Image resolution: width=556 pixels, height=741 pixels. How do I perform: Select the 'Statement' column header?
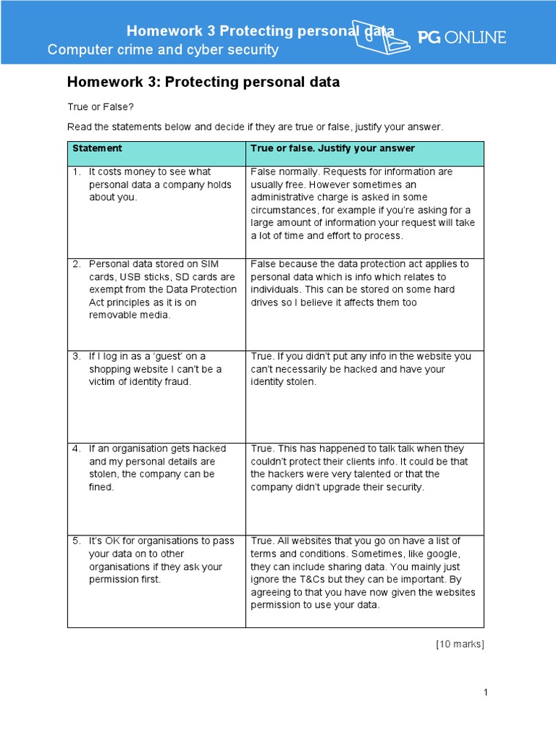97,148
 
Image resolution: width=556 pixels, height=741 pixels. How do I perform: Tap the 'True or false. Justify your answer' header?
332,148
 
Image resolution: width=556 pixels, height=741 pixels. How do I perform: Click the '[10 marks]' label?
460,645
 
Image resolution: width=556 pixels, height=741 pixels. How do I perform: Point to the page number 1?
486,693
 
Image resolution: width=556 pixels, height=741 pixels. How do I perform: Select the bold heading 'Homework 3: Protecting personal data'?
203,82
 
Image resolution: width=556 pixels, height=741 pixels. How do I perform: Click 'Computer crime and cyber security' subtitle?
163,50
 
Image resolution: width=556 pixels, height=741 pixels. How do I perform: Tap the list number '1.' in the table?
76,172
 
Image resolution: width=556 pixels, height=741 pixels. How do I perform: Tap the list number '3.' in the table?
76,356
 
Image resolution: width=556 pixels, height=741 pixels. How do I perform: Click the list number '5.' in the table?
76,541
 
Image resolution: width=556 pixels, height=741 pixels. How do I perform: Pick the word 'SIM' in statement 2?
210,264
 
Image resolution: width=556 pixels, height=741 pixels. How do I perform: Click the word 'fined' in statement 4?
101,488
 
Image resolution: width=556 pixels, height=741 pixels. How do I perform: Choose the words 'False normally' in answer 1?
284,172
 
